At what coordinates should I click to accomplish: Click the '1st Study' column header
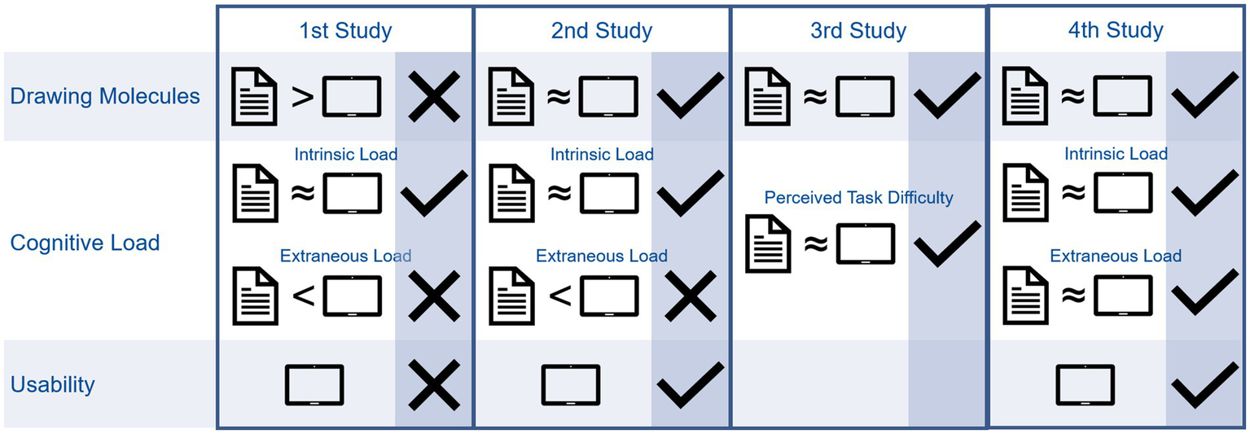tap(344, 32)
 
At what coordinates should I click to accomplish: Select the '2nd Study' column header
tap(601, 32)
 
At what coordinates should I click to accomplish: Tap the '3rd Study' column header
tap(857, 32)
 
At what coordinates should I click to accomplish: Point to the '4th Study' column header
tap(1115, 31)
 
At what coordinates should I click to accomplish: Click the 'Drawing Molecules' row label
tap(105, 96)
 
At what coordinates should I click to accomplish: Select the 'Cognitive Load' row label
tap(85, 243)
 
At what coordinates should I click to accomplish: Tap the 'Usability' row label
tap(53, 384)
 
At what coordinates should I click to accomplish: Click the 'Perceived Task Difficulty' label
tap(858, 197)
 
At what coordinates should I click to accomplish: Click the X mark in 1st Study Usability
tap(433, 384)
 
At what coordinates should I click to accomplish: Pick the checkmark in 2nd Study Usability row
tap(690, 384)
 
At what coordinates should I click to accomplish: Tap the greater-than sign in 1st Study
tap(302, 97)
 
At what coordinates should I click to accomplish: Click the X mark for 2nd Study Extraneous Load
tap(690, 296)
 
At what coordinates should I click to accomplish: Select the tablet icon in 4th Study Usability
tap(1085, 385)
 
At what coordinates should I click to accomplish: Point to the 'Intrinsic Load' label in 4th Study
tap(1116, 154)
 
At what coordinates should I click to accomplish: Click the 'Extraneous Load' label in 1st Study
tap(345, 256)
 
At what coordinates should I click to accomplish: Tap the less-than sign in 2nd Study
tap(559, 296)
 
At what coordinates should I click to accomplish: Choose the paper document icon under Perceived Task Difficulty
tap(768, 244)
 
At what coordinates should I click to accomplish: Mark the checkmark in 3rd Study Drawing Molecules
tap(946, 97)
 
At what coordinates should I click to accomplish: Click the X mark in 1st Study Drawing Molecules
tap(433, 97)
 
